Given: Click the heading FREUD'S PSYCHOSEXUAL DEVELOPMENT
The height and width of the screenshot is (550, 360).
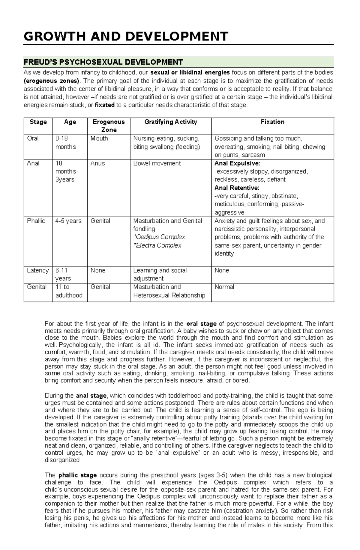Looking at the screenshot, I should coord(103,62).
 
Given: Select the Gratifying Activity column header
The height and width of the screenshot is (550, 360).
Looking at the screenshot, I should coord(170,122).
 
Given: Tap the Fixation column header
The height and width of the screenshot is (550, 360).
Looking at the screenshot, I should coord(272,122).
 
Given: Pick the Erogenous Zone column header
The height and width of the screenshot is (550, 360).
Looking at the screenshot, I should coord(109,126).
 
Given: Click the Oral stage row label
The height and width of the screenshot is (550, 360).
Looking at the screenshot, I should coord(33,138).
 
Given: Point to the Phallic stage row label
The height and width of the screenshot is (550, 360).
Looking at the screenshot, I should coord(36,221).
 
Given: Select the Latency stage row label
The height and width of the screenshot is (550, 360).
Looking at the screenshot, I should coord(37,270).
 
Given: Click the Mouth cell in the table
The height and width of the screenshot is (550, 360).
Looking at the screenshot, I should coord(99,138).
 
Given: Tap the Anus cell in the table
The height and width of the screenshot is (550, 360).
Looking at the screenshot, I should coord(97,163).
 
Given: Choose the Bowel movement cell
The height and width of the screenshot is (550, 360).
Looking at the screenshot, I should coord(157,163).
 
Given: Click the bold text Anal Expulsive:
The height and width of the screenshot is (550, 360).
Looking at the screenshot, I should coord(237,163).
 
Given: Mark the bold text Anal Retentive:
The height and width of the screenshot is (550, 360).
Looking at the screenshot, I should coord(237,188).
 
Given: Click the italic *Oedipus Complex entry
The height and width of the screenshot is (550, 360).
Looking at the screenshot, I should coord(159,237).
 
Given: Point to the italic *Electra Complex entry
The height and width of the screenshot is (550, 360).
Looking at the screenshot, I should coord(157,245).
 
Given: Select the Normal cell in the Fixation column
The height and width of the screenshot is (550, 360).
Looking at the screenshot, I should coord(224,287).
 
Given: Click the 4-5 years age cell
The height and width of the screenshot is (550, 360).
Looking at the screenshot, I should coord(68,221).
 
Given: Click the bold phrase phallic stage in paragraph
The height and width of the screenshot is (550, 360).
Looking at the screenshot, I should coord(77,475).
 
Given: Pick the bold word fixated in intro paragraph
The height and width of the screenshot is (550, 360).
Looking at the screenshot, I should coord(104,105).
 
